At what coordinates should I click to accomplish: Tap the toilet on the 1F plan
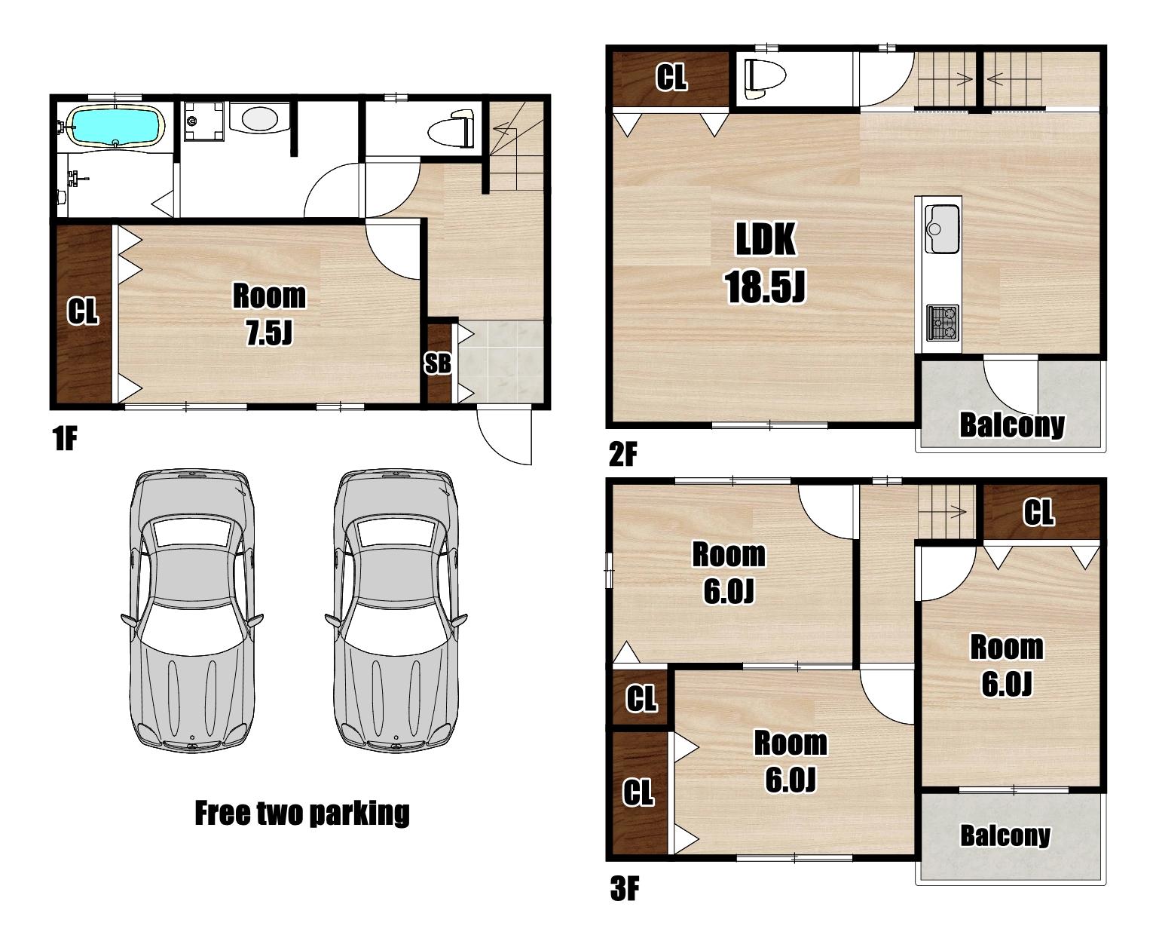pos(451,129)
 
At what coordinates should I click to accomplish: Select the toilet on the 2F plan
pos(764,78)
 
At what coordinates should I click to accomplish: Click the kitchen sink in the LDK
pos(942,228)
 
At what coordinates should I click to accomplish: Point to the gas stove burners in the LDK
pos(942,323)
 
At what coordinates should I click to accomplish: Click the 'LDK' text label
pos(765,240)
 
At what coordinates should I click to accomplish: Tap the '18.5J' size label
pos(765,287)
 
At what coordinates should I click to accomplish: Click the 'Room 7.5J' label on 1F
pos(269,314)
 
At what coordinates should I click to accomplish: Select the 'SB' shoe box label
pos(437,363)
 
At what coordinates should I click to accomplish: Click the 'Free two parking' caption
pos(302,814)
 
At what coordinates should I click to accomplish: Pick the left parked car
pos(192,611)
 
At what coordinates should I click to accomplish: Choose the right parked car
pos(396,611)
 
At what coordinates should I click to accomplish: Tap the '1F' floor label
pos(65,438)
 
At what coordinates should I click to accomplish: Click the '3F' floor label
pos(624,889)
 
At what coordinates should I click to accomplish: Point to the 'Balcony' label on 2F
pos(1012,425)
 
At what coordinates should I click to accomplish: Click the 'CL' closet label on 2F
pos(671,78)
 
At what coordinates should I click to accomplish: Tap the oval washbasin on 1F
pos(260,118)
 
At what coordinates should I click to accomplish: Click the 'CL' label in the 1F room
pos(83,311)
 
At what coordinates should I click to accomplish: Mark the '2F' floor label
pos(623,454)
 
